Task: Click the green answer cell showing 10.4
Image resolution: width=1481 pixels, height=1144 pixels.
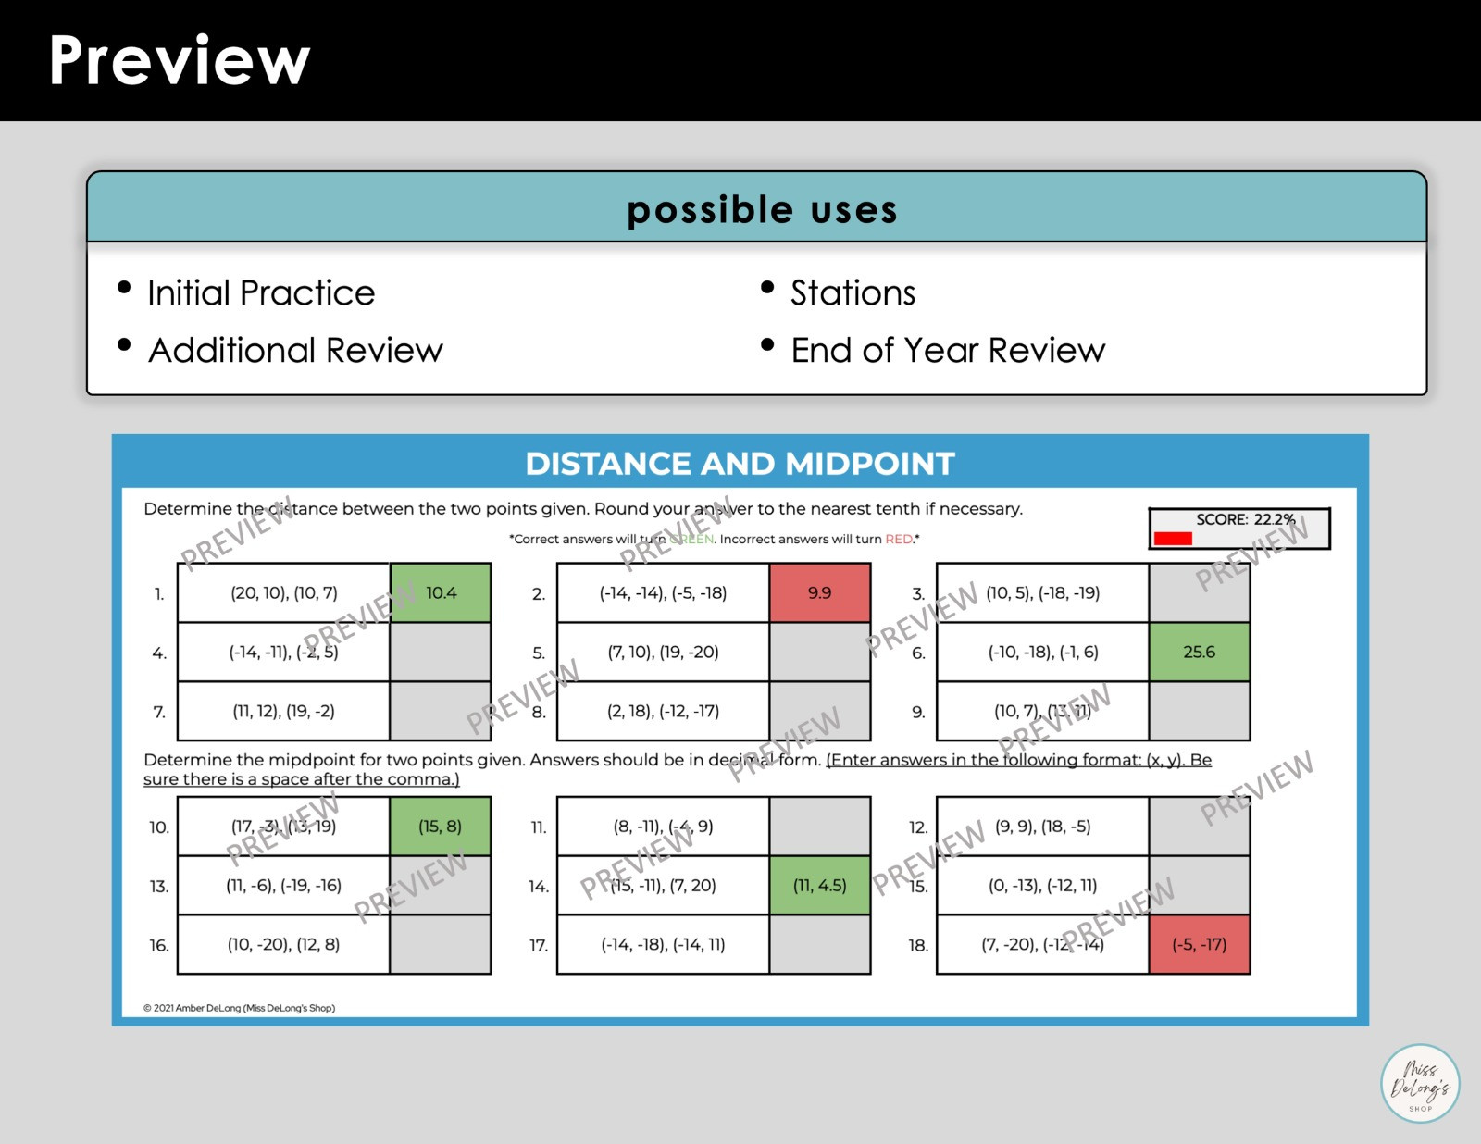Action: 441,592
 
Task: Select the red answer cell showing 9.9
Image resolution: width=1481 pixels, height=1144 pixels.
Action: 819,592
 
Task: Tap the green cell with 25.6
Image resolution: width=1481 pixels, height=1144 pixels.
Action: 1199,652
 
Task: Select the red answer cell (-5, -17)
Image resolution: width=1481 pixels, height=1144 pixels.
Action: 1199,944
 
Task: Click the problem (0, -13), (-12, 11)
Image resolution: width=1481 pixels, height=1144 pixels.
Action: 1042,886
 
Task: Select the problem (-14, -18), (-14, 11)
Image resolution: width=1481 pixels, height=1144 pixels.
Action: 663,944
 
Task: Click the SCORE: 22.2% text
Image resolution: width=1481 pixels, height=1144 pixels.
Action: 1245,519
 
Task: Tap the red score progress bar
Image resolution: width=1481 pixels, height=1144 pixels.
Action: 1173,539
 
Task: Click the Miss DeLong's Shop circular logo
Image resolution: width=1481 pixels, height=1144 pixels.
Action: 1420,1084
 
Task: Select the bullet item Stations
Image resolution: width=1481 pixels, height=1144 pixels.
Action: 853,292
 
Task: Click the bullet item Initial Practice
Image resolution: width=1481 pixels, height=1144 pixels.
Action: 261,292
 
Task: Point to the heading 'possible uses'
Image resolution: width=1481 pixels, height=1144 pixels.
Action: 762,209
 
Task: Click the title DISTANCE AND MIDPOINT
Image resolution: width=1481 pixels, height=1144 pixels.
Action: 740,464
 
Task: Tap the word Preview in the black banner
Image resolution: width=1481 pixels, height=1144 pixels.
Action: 180,61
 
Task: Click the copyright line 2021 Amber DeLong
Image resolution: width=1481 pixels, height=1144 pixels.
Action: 239,1008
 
